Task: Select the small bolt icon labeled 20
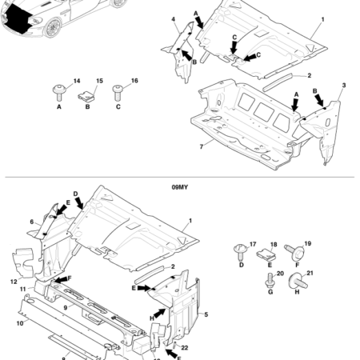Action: (x=270, y=281)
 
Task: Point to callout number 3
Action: (x=343, y=84)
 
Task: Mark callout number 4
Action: (x=173, y=18)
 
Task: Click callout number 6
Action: (x=33, y=222)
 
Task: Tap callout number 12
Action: (x=14, y=281)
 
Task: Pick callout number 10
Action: (x=19, y=323)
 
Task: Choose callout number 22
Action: (x=185, y=346)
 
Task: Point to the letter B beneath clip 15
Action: (x=87, y=106)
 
